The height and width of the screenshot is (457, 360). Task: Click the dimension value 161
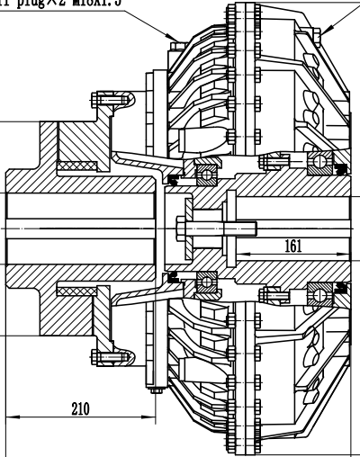(292, 246)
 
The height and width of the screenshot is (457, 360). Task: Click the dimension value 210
(80, 408)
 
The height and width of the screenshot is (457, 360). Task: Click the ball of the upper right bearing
(319, 162)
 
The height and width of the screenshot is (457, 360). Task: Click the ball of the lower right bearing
(319, 293)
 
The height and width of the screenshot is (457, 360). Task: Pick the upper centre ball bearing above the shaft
(206, 171)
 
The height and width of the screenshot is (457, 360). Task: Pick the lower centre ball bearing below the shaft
(206, 283)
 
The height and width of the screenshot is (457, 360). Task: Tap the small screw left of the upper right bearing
(271, 161)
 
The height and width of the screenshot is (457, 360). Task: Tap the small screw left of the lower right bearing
(271, 293)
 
